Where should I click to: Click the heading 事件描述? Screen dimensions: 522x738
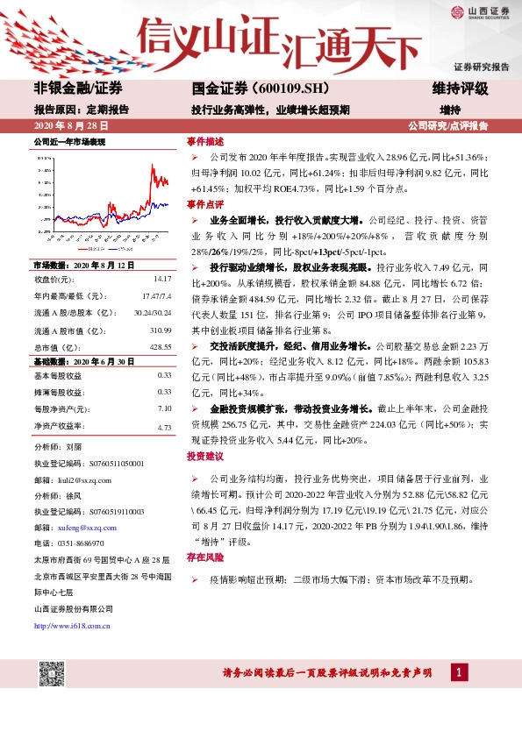pos(204,141)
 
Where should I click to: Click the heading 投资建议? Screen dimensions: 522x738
pos(204,457)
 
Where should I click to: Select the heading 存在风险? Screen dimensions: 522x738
pos(204,557)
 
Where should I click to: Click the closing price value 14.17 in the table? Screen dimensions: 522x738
pos(161,279)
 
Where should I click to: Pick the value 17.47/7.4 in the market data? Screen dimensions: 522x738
pos(155,295)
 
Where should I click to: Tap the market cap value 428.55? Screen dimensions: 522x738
pos(159,347)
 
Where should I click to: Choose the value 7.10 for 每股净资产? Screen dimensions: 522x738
pos(163,408)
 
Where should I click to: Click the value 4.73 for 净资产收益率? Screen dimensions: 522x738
pos(163,426)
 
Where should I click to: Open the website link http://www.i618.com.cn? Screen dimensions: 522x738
pos(71,625)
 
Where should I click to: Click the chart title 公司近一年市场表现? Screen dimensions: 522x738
pos(69,141)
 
